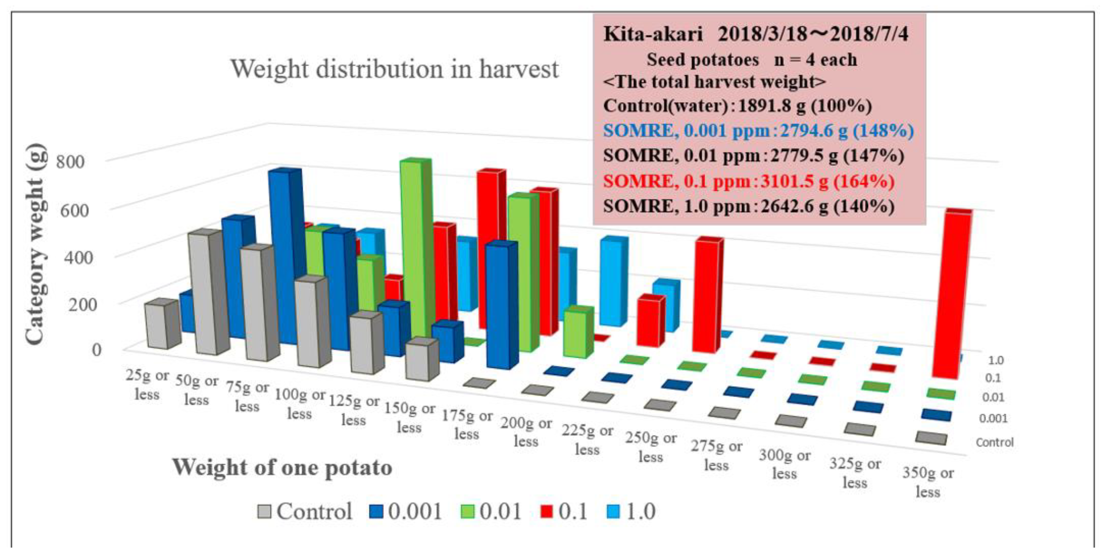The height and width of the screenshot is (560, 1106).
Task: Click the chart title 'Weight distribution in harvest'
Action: click(395, 69)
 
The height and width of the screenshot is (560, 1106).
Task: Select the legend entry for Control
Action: click(305, 511)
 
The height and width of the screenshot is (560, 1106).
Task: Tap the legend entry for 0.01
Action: click(491, 511)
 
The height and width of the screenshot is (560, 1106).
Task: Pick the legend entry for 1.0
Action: click(632, 511)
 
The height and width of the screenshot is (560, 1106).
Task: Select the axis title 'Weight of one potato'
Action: click(282, 467)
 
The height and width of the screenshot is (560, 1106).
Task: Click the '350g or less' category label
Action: click(928, 482)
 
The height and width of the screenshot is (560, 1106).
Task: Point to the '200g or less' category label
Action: click(526, 432)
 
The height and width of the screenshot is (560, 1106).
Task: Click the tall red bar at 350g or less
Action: click(951, 296)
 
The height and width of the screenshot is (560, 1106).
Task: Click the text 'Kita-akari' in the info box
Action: click(652, 34)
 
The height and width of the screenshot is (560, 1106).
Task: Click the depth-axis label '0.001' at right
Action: click(993, 418)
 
